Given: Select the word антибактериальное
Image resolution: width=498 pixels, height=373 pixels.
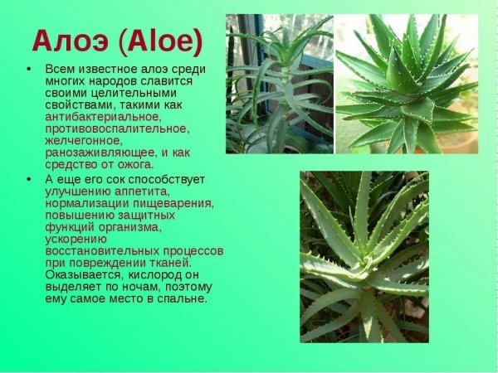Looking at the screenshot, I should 103,117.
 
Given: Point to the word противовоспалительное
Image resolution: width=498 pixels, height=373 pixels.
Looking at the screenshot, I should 117,128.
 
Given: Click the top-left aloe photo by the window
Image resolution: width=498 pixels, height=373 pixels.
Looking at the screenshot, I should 279,84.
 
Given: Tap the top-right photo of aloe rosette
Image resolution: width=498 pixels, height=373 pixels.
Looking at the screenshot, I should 407,84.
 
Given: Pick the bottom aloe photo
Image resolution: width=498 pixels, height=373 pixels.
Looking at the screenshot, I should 364,257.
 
